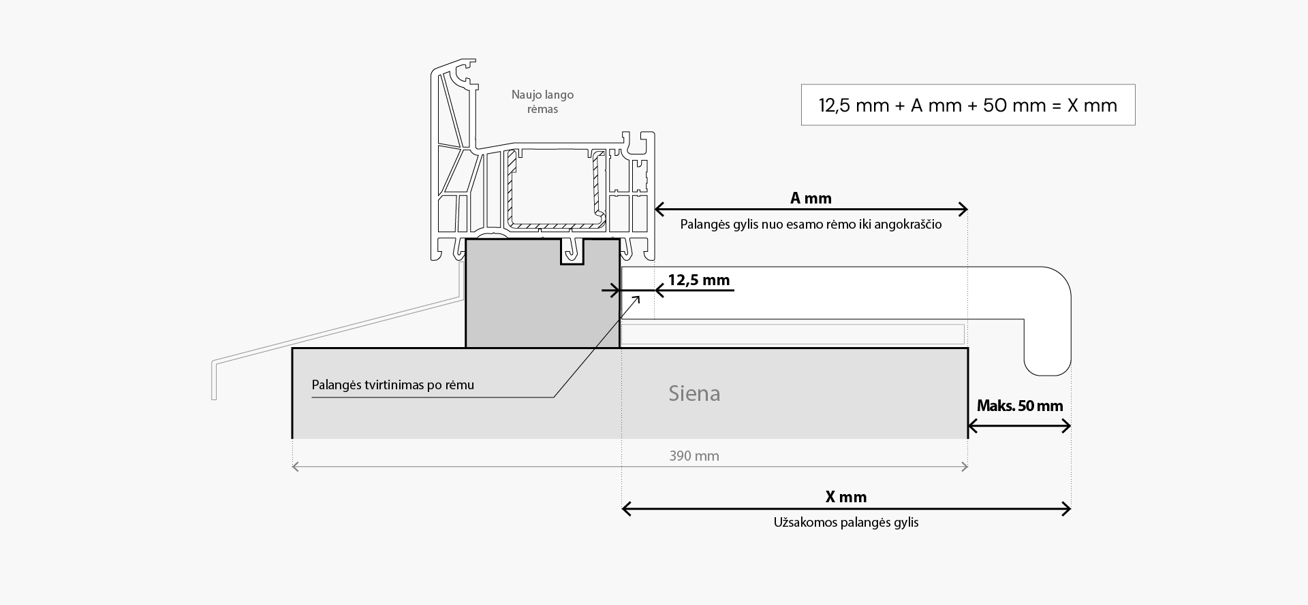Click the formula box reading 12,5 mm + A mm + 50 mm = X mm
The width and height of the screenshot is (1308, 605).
coord(967,105)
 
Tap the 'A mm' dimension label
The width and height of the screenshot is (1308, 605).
coord(811,198)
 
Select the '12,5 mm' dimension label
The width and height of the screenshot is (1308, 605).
coord(698,280)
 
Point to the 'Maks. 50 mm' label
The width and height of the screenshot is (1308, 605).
coord(1019,406)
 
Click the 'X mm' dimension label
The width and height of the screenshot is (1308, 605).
coord(845,497)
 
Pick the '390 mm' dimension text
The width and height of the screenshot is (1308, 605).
coord(694,456)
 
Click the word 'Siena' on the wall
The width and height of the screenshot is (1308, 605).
coord(694,393)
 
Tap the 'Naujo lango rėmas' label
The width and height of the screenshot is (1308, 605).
coord(542,102)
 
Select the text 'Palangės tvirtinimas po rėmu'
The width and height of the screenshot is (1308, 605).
coord(392,385)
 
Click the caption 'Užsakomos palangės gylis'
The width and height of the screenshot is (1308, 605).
coord(845,523)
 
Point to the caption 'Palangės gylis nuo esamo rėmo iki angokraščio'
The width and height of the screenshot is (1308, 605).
coord(811,225)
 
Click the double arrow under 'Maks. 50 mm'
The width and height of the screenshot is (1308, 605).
coord(1019,427)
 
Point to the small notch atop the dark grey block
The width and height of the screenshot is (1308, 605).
coord(572,252)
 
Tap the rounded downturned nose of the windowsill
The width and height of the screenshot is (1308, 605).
coord(1049,340)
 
